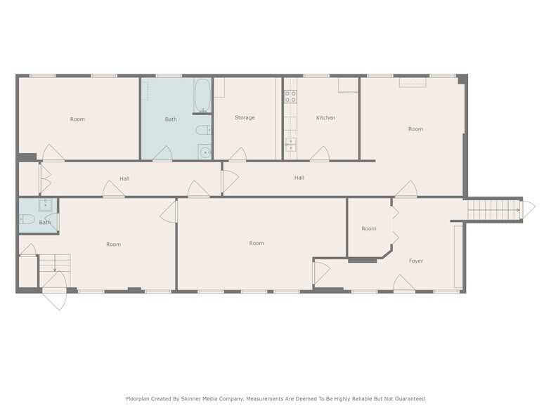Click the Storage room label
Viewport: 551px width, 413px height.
(245, 117)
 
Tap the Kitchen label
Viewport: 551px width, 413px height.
(325, 117)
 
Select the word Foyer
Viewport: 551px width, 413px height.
(416, 261)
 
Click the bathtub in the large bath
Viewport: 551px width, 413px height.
(202, 96)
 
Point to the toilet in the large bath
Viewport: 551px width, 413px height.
(202, 130)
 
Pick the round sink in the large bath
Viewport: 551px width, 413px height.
(204, 151)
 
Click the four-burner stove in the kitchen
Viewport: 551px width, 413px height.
(290, 98)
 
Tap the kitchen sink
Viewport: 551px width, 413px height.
(290, 146)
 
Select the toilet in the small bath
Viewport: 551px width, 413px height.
(28, 220)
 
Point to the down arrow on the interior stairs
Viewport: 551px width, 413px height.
(55, 267)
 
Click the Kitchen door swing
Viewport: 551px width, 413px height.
(320, 154)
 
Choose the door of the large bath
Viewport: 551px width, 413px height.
(163, 154)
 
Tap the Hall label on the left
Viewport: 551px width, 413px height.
(124, 178)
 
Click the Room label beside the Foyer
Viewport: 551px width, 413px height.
(369, 228)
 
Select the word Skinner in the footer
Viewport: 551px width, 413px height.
(185, 398)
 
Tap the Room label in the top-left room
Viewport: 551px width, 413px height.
(77, 119)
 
